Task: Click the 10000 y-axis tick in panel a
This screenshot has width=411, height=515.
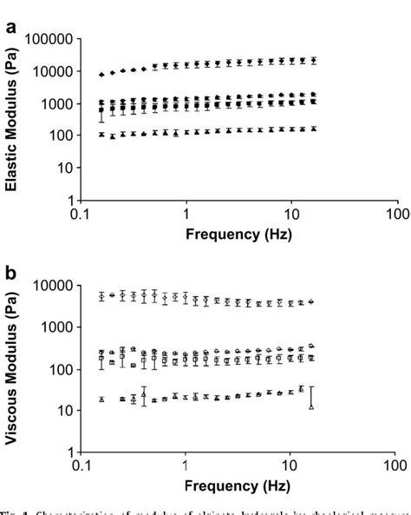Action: [x=54, y=71]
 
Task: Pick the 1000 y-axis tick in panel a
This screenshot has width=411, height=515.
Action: [x=57, y=103]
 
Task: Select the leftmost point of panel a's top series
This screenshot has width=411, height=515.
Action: [x=102, y=75]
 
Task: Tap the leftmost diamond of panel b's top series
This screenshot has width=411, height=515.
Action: [x=102, y=296]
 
